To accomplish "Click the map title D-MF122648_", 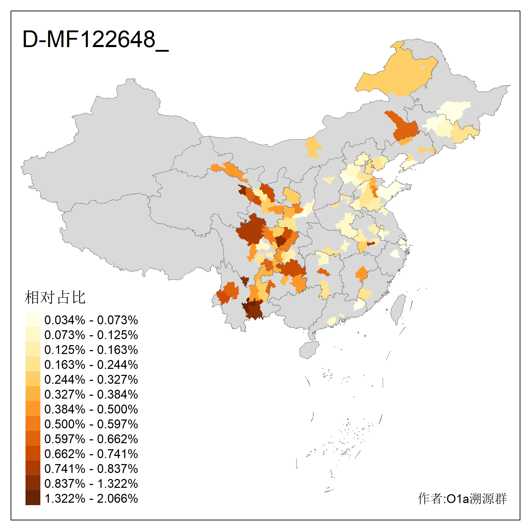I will [x=95, y=40].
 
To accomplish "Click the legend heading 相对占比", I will [x=55, y=297].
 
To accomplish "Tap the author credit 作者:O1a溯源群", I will [x=462, y=498].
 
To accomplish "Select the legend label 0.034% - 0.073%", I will [x=91, y=320].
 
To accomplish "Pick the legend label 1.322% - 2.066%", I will [x=91, y=498].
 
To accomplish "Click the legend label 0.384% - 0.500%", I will [x=91, y=409].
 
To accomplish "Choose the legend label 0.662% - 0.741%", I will [x=91, y=454].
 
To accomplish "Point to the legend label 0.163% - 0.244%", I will [x=91, y=365].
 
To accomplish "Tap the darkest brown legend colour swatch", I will [x=33, y=498].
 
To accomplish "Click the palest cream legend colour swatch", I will [x=33, y=319].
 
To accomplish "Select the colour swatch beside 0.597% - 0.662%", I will [x=33, y=438].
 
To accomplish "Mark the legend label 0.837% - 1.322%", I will [x=91, y=484].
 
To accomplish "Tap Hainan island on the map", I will [x=309, y=350].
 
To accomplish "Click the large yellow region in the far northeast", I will [x=396, y=74].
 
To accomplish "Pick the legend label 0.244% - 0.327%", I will [x=91, y=379].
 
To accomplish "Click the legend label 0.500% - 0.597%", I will [x=91, y=424].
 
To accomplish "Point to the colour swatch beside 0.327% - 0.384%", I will [x=33, y=394].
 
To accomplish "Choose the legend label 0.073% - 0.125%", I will [x=91, y=335].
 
